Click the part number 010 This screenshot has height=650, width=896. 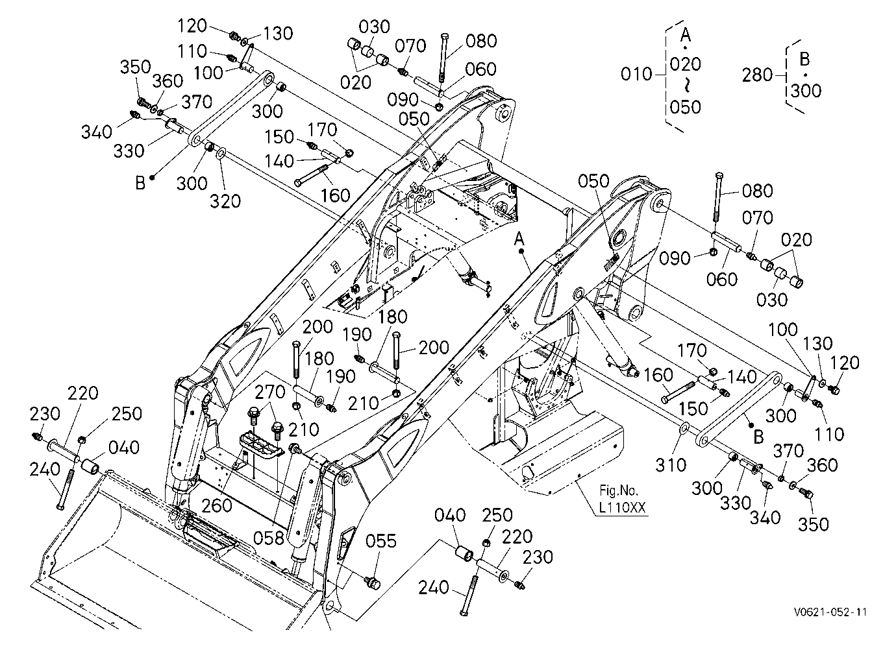636,75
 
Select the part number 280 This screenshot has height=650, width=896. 757,75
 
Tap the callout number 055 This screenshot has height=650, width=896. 380,541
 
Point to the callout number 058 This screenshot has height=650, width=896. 269,538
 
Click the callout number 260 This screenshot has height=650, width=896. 217,506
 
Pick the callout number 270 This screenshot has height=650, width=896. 270,392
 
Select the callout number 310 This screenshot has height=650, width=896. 671,465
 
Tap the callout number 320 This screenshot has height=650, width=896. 225,201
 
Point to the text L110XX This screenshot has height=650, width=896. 623,508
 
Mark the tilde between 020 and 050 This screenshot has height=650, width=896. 685,86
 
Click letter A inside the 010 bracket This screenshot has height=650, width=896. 686,35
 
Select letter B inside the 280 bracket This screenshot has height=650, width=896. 804,59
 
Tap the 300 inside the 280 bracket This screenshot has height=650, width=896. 806,91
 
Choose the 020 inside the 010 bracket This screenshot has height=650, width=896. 686,64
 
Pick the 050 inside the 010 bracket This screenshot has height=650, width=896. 686,107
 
